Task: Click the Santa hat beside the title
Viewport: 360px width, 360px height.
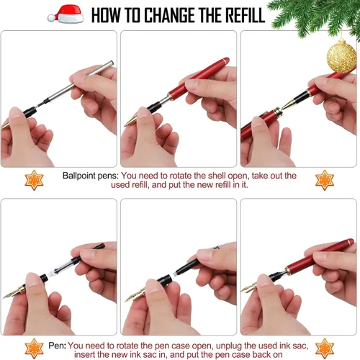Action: point(66,14)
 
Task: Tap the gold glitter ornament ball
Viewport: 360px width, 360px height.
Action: point(341,56)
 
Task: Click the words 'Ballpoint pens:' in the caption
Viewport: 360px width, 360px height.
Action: point(91,176)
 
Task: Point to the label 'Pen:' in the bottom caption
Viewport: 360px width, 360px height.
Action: point(57,346)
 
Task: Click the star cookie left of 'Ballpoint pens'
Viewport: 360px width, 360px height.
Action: point(34,180)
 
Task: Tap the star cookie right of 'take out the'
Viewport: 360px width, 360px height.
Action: point(325,180)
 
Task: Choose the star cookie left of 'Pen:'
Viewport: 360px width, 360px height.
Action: point(34,348)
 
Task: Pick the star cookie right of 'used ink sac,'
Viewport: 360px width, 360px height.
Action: point(325,348)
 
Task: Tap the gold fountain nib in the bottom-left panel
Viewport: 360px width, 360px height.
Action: point(14,292)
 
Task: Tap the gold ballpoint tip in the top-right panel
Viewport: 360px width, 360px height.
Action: point(289,104)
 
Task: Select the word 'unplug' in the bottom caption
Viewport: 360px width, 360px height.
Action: point(229,346)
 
